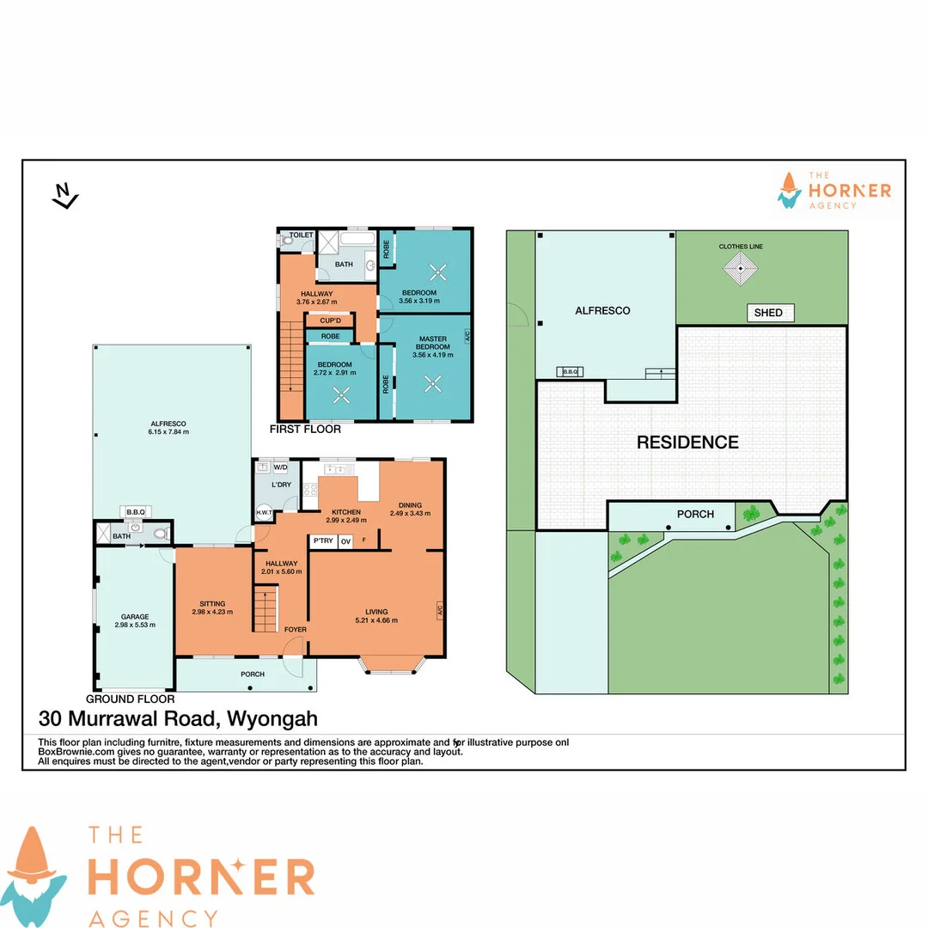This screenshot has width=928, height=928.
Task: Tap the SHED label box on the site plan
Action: pos(768,313)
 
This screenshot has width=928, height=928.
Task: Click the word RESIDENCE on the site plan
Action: pos(687,443)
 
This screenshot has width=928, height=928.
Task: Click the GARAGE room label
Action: pos(134,616)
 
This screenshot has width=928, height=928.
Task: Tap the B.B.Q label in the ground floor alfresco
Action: pos(136,510)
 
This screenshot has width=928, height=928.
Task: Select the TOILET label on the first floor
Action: pos(301,235)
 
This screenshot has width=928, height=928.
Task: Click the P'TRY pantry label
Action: pos(322,541)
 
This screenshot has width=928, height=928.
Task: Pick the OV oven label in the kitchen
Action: pos(345,541)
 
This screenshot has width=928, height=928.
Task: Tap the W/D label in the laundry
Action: pos(281,468)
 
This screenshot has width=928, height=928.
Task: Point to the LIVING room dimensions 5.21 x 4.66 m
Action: pos(376,620)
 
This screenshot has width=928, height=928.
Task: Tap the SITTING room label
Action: pos(211,604)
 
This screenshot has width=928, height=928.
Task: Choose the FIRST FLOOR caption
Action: pos(305,429)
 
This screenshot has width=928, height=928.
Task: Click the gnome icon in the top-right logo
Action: pos(789,190)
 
